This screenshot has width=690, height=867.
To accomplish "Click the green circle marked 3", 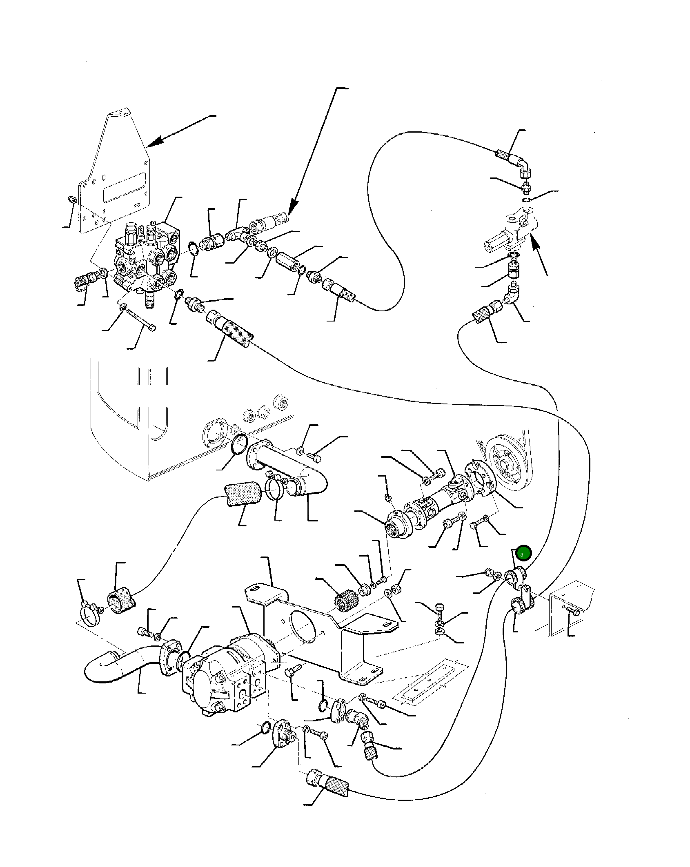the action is [523, 554].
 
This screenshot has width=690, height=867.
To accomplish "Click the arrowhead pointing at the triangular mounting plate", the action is [153, 142].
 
